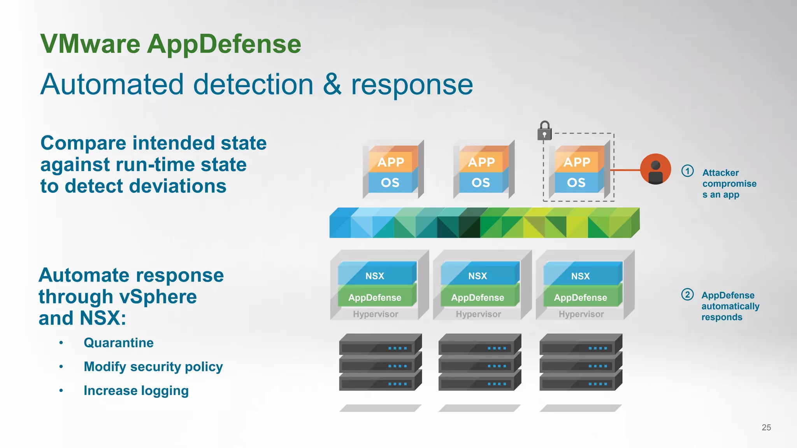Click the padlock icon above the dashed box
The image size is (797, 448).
[544, 131]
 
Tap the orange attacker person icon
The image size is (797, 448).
[655, 169]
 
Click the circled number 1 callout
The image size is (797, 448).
[687, 171]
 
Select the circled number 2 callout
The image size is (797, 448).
[687, 294]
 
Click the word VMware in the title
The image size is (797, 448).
[90, 44]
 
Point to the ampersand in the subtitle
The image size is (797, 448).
[332, 84]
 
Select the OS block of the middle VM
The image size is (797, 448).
[481, 182]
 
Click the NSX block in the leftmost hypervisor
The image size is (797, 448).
[375, 275]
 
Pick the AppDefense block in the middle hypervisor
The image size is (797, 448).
[477, 297]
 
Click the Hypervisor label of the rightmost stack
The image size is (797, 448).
[581, 314]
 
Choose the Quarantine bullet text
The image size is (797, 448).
[118, 343]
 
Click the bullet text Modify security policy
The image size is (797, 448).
[153, 367]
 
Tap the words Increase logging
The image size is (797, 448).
[136, 390]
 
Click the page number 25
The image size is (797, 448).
[766, 427]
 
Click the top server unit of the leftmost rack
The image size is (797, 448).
[380, 344]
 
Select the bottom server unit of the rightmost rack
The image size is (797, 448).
[580, 381]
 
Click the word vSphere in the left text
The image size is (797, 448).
[158, 297]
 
